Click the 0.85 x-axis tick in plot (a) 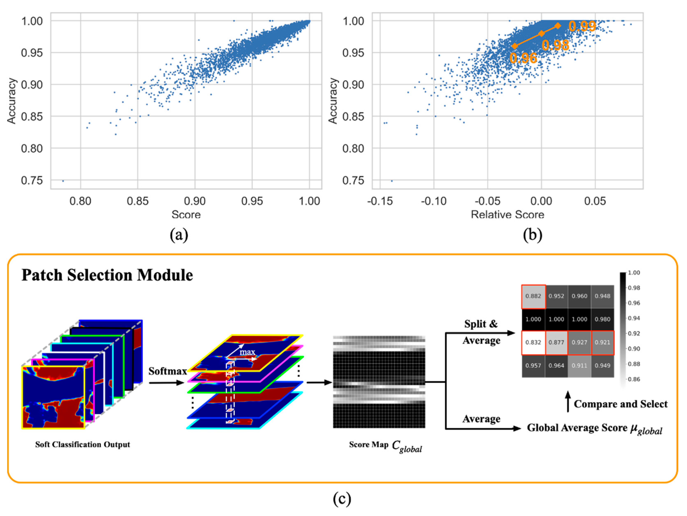(138, 201)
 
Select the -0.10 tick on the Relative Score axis (434, 201)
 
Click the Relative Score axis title (508, 215)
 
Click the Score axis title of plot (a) (186, 215)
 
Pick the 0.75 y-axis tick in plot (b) (353, 181)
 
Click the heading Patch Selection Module (107, 275)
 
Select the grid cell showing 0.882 (533, 296)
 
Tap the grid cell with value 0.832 (533, 343)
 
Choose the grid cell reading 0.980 (603, 319)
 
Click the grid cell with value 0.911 (580, 366)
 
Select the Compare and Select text (620, 404)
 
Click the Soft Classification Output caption (83, 445)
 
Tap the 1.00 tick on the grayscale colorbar (634, 273)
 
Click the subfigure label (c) (342, 499)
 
